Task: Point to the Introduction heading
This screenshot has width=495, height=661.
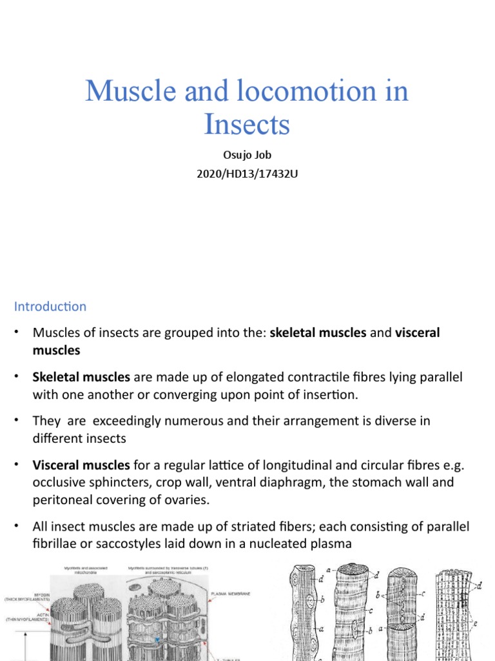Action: click(x=50, y=307)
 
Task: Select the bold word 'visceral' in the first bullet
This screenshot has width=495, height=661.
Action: click(x=417, y=333)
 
